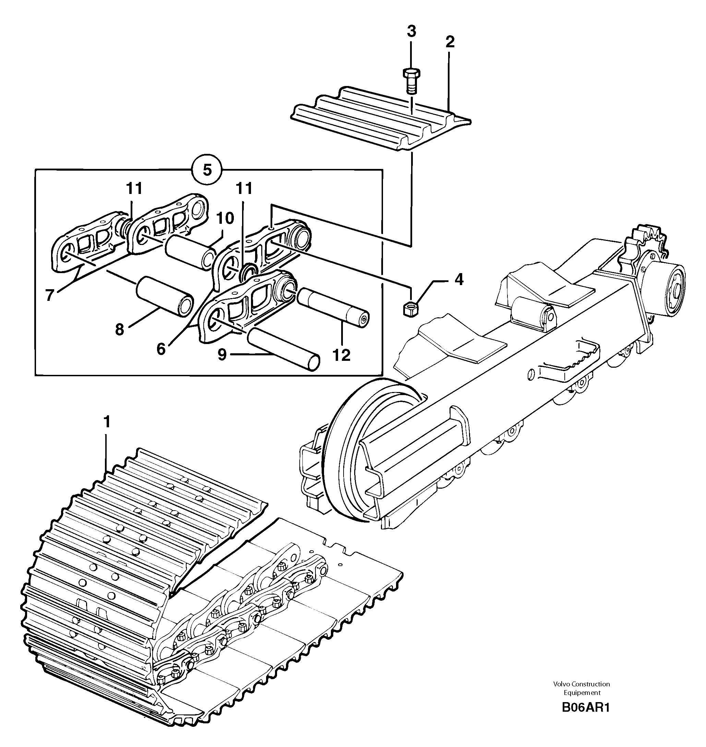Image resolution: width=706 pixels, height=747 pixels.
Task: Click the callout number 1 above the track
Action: coord(107,423)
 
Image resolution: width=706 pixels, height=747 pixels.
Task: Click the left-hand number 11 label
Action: coord(135,188)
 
